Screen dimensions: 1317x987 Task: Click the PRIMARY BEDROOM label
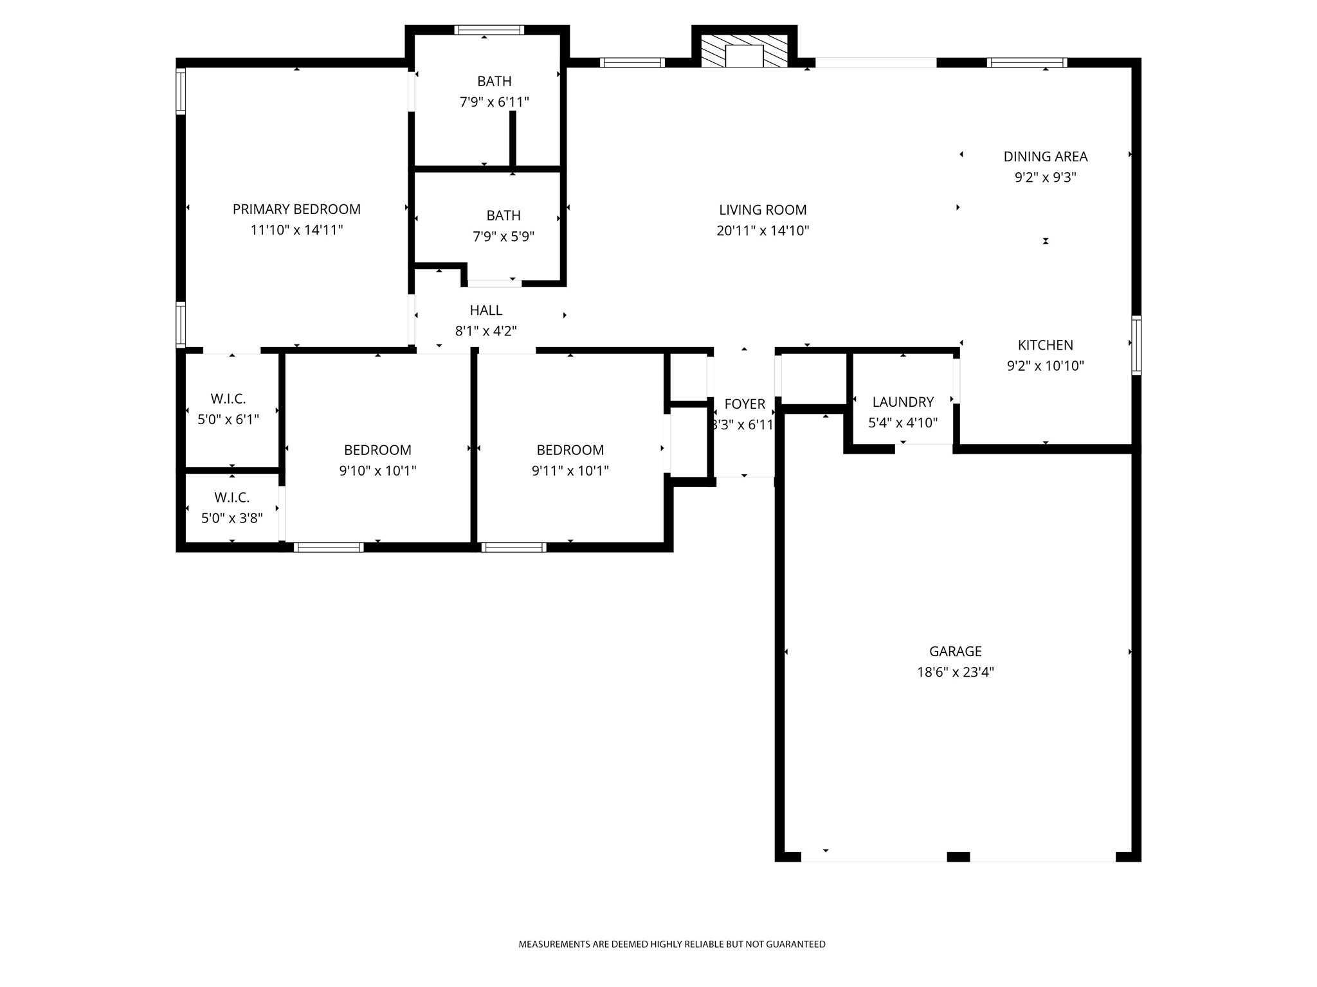tap(296, 209)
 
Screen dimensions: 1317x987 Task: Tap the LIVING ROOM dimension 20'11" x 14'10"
tap(763, 231)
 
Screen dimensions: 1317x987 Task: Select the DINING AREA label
tap(1046, 156)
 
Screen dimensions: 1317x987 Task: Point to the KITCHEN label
tap(1046, 345)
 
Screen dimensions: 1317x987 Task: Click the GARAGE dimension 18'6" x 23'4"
tap(956, 672)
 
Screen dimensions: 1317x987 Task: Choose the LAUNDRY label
tap(903, 402)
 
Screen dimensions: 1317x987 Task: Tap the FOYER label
tap(745, 404)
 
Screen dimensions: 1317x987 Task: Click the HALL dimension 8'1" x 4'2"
tap(486, 331)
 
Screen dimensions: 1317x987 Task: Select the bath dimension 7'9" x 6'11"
tap(495, 102)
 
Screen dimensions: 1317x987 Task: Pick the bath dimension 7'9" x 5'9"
tap(504, 236)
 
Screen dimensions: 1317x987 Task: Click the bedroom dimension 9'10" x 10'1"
tap(377, 471)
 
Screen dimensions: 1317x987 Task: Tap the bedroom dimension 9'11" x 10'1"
tap(570, 471)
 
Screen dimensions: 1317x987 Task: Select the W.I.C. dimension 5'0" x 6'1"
tap(228, 420)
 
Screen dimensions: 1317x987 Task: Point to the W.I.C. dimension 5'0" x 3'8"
tap(232, 518)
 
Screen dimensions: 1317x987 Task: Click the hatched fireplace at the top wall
tap(744, 51)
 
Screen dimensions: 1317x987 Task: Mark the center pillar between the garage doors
tap(958, 857)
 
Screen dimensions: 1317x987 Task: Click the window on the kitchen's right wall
tap(1136, 345)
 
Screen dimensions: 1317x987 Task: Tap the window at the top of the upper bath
tap(489, 30)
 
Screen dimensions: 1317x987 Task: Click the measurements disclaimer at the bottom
tap(672, 944)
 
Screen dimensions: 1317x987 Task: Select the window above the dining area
tap(1027, 62)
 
